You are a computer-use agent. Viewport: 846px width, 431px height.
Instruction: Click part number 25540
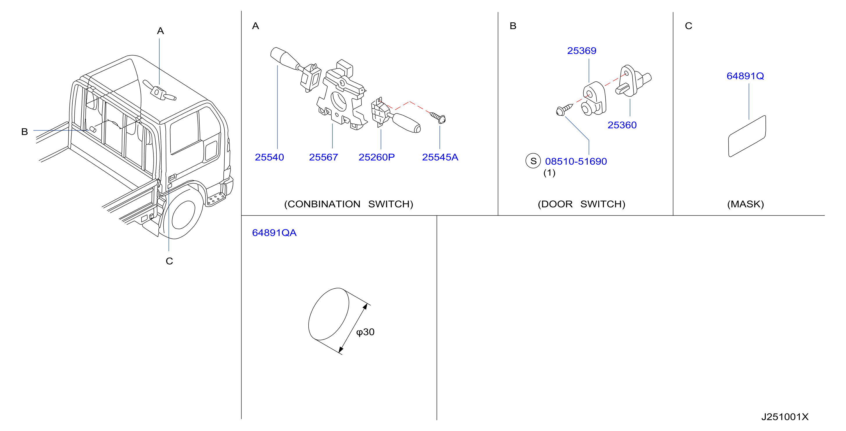point(269,157)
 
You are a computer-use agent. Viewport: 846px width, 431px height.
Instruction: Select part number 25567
point(323,157)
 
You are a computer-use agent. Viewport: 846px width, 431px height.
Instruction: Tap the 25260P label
point(377,157)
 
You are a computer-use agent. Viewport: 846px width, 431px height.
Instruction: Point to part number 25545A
point(440,157)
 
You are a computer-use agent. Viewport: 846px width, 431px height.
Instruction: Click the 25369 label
point(582,51)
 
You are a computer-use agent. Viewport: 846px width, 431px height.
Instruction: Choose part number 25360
point(622,125)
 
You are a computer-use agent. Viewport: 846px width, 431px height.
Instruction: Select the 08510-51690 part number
point(576,161)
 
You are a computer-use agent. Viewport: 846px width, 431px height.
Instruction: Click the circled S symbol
point(533,161)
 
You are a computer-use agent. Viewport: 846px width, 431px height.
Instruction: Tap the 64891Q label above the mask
point(745,76)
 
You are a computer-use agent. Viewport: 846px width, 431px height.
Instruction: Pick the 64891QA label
point(274,233)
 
